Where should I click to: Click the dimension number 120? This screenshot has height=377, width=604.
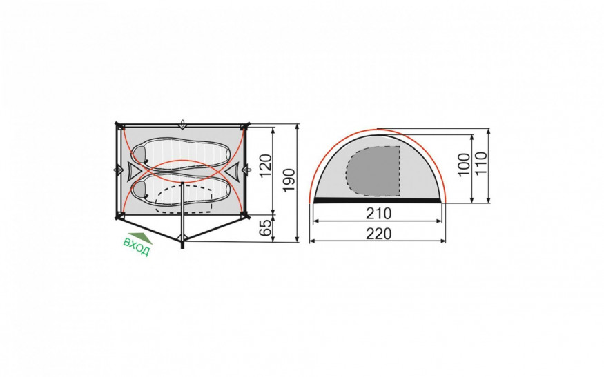tap(266, 166)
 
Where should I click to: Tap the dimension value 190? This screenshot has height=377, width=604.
tap(289, 180)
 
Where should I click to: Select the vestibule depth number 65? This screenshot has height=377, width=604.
tap(265, 229)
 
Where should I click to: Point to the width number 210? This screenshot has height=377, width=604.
tap(378, 214)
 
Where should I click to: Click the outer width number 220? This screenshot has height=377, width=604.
tap(378, 234)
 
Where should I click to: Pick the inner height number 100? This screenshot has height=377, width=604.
tap(464, 164)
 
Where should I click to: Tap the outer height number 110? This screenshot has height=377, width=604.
tap(481, 163)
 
